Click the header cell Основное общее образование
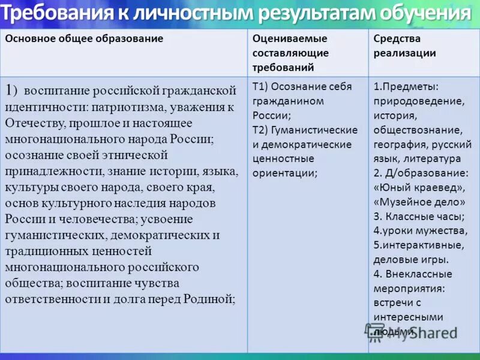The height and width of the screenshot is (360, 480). click(85, 38)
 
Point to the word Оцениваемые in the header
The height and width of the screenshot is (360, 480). click(290, 38)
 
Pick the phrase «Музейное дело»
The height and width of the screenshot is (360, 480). click(419, 202)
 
